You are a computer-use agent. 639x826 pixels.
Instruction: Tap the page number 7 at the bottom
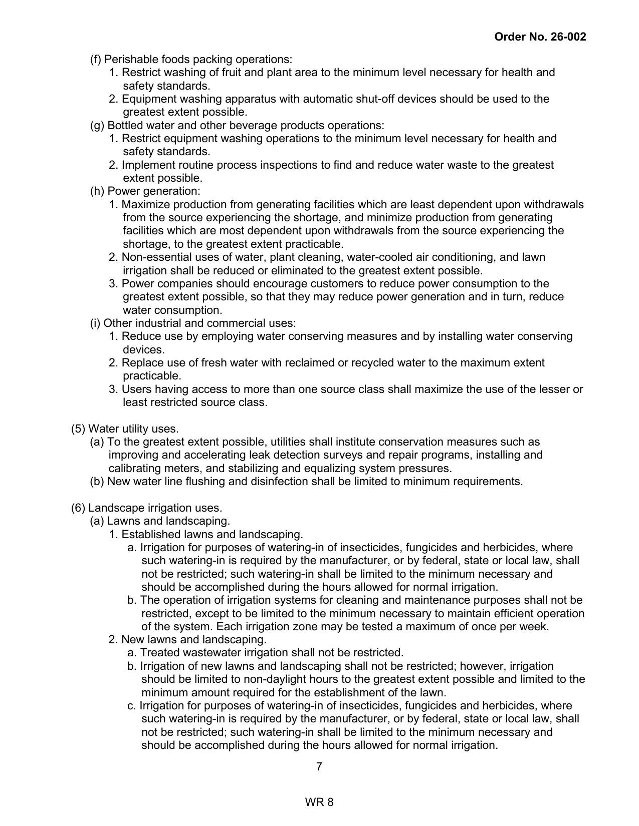tap(319, 766)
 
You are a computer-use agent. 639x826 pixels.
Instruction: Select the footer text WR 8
tap(319, 802)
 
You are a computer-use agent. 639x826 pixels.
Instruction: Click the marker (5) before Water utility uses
tap(78, 429)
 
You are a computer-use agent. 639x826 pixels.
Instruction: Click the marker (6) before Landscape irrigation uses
tap(78, 508)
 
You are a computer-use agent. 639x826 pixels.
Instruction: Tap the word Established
tap(148, 534)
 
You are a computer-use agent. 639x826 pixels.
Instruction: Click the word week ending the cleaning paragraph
tap(535, 626)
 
